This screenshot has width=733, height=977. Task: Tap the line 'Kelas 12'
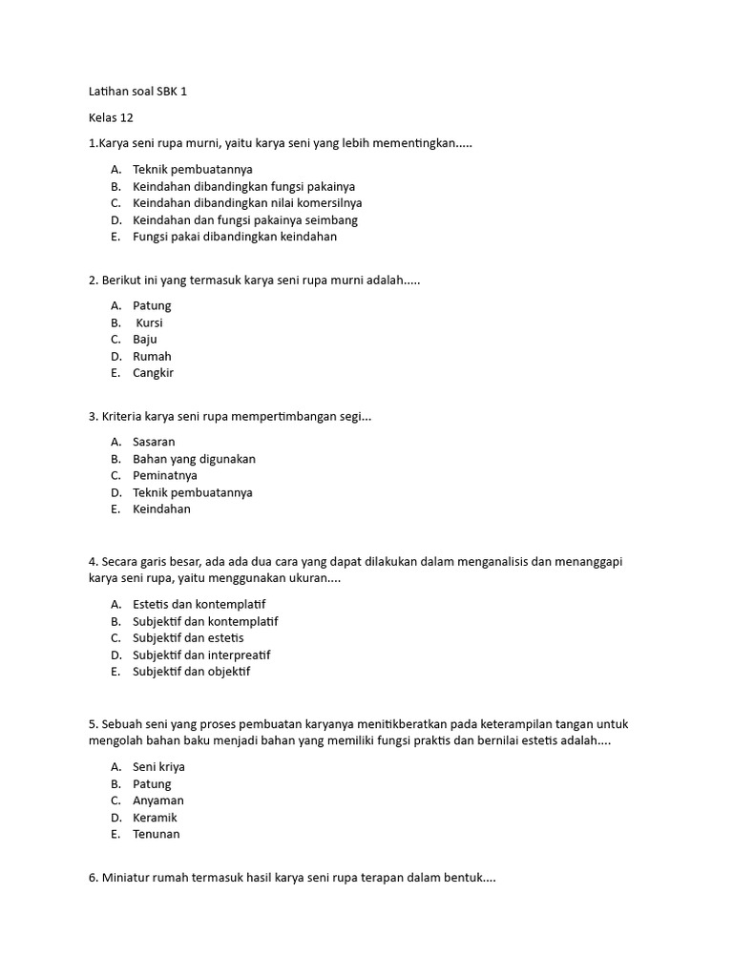(111, 118)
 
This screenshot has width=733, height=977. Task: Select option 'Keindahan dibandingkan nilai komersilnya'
(247, 203)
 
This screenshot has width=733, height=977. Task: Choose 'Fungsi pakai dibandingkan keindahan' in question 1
(235, 237)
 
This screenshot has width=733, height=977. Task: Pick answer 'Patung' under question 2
(152, 306)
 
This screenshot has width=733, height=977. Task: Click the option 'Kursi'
(150, 323)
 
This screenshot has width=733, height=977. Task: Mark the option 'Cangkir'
(153, 373)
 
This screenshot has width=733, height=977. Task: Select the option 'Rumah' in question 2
(152, 357)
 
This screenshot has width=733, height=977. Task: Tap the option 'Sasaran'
(154, 442)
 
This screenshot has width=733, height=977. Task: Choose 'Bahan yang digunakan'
(194, 459)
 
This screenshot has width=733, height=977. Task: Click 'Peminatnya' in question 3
(164, 475)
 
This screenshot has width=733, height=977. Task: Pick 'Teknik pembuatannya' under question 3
(192, 492)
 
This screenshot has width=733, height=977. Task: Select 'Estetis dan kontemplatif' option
(199, 605)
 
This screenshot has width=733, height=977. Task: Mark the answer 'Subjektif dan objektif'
(191, 672)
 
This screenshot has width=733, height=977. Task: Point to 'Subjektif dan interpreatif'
(201, 655)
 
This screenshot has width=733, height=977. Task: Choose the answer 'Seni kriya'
(158, 767)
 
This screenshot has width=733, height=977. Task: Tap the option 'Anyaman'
(158, 800)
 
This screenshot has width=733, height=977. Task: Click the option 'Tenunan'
(157, 834)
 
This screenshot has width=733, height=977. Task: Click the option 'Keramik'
(155, 818)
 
